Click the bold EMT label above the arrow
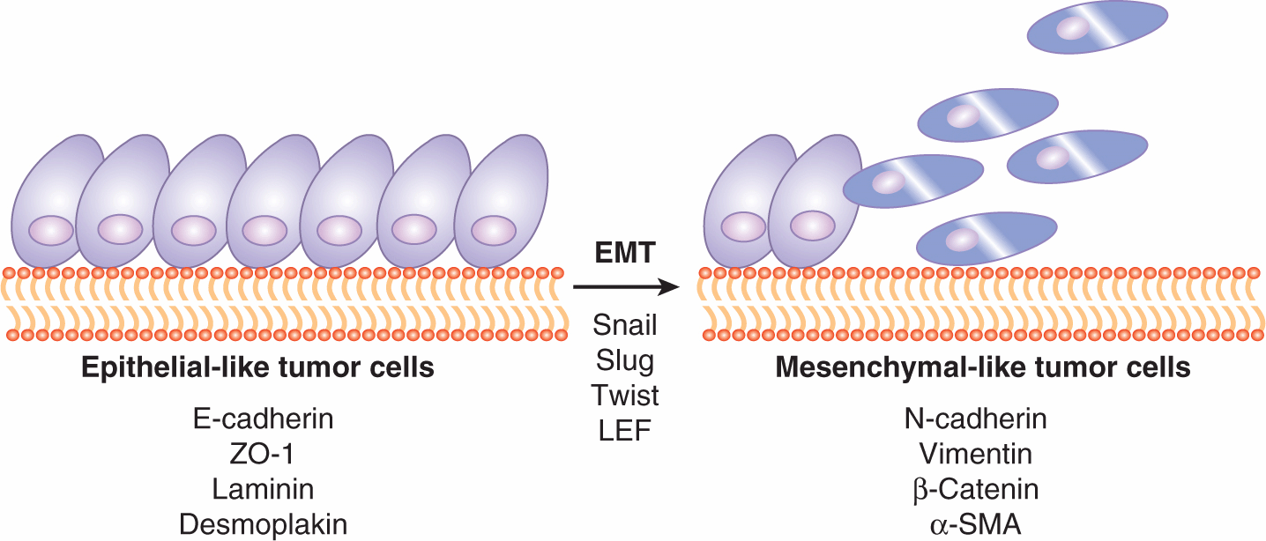tap(625, 254)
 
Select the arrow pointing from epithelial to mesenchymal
tap(625, 286)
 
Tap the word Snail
tap(625, 325)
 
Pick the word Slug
tap(625, 359)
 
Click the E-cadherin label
tap(263, 419)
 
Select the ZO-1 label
tap(263, 454)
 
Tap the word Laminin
tap(263, 488)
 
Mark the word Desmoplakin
tap(263, 524)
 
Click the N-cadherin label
tap(976, 419)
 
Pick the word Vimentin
tap(976, 454)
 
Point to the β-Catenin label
tap(976, 489)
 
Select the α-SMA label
tap(976, 524)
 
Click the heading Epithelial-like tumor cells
tap(257, 367)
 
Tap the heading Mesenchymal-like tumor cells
tap(983, 367)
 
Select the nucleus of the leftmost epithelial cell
tap(51, 231)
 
